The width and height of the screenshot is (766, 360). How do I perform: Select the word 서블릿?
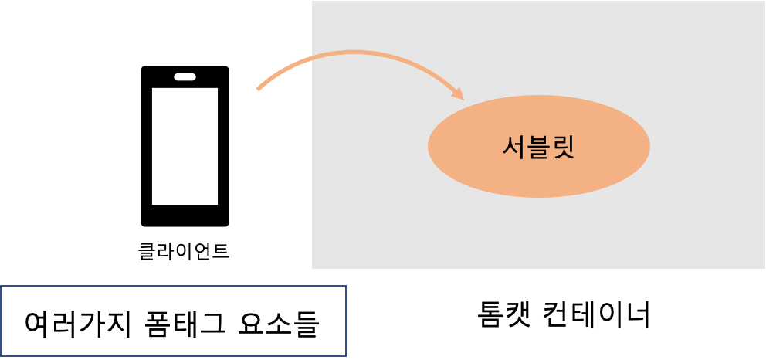click(538, 146)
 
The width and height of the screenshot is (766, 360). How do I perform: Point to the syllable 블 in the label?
click(538, 146)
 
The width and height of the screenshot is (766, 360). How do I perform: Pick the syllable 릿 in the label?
click(563, 146)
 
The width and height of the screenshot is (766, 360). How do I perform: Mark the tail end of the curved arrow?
click(258, 90)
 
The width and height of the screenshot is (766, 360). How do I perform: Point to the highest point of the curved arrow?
click(355, 53)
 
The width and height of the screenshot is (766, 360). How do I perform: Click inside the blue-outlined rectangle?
click(173, 321)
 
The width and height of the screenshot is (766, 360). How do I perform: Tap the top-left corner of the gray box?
click(312, 1)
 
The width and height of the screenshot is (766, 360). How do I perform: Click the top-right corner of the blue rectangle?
click(346, 286)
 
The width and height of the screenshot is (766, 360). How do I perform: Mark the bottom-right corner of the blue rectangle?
click(346, 356)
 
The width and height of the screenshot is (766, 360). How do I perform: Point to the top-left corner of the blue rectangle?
click(1, 286)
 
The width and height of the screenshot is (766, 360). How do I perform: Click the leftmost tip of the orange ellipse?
click(429, 146)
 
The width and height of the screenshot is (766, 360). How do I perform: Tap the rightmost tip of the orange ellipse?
click(649, 146)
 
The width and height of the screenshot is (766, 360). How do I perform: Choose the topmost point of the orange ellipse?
click(538, 96)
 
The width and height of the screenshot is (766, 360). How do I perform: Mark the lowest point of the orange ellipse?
click(538, 197)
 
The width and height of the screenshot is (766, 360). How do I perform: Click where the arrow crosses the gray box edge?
click(312, 58)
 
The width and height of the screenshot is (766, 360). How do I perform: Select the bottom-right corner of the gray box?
click(764, 268)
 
